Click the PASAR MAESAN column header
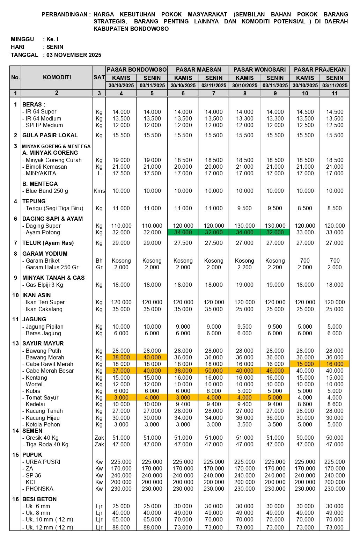(x=198, y=70)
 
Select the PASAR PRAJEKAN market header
(x=319, y=70)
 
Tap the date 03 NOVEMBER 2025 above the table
(x=74, y=55)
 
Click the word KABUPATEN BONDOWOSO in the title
(x=131, y=29)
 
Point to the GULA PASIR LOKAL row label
(x=50, y=135)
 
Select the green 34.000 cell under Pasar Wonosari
(x=244, y=232)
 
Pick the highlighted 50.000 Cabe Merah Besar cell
(x=214, y=371)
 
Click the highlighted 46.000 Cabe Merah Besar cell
(x=275, y=371)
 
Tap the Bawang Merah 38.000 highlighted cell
(x=121, y=357)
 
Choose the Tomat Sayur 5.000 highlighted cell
(x=275, y=397)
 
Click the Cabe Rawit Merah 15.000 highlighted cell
(x=305, y=364)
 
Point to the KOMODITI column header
(x=57, y=77)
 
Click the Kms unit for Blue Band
(x=99, y=191)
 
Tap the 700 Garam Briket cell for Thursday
(x=305, y=261)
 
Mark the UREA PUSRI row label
(x=43, y=462)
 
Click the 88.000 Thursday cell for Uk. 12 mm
(x=121, y=527)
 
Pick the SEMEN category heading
(x=32, y=431)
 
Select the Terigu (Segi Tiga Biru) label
(x=54, y=208)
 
